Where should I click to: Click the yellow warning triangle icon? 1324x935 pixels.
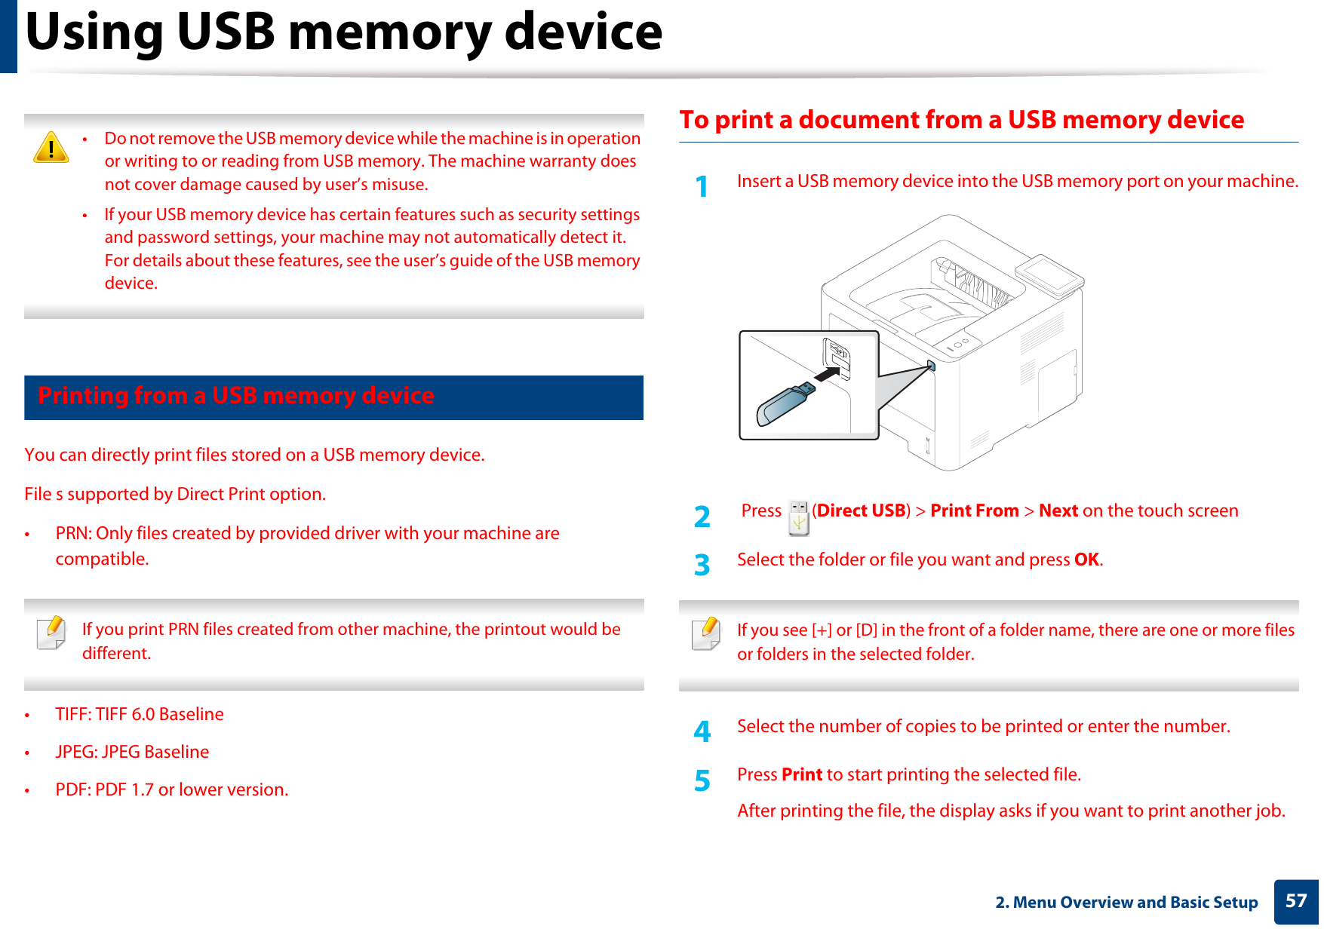point(51,148)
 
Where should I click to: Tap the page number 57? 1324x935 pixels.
point(1295,901)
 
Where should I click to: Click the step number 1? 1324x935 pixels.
point(702,187)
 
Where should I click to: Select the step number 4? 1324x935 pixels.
point(702,731)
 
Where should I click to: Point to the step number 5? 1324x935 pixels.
point(702,780)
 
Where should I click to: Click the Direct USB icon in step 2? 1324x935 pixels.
point(798,518)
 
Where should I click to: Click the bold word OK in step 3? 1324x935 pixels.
point(1086,559)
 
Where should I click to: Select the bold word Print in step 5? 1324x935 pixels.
point(801,774)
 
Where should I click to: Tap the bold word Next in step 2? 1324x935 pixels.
point(1058,510)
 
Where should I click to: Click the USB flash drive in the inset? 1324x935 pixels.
point(785,403)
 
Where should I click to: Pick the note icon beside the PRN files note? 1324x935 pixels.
point(51,633)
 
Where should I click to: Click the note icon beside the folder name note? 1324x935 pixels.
point(705,633)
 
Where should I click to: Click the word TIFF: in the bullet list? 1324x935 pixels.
point(73,714)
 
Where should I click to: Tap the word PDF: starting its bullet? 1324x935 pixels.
point(72,789)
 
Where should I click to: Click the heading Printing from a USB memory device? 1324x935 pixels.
point(236,396)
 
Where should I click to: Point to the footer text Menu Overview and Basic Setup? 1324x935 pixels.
point(1135,902)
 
